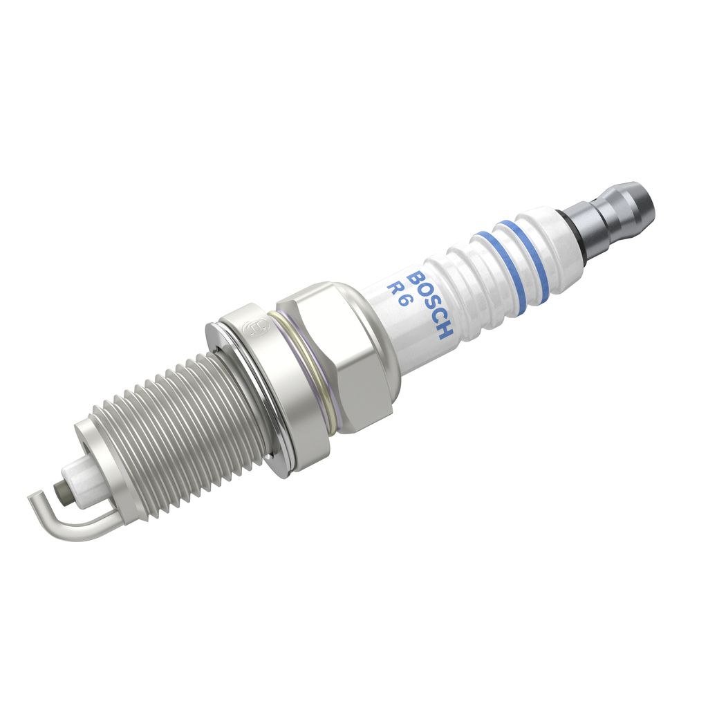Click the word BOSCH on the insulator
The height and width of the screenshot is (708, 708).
click(x=429, y=306)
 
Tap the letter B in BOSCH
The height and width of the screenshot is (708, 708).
click(x=416, y=279)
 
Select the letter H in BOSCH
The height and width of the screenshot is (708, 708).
click(x=444, y=331)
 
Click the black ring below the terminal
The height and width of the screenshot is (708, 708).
click(x=573, y=235)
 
